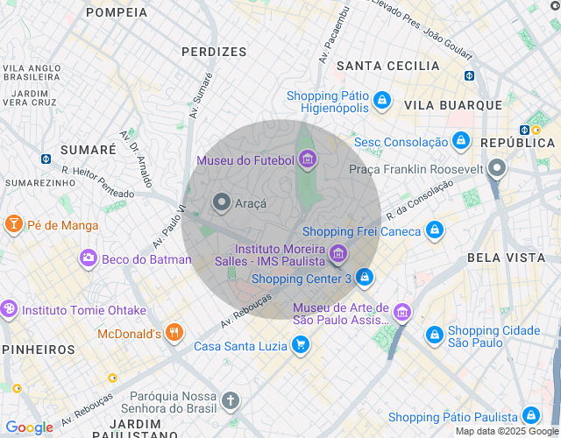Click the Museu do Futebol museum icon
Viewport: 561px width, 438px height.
pyautogui.click(x=307, y=159)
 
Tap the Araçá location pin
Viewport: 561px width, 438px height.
pyautogui.click(x=222, y=202)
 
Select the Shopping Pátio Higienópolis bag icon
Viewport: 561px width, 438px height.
pyautogui.click(x=381, y=102)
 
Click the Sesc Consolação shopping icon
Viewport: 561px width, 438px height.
pyautogui.click(x=460, y=141)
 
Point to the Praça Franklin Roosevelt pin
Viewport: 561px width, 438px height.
pyautogui.click(x=497, y=167)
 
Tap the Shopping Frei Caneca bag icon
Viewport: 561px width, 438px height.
pyautogui.click(x=433, y=230)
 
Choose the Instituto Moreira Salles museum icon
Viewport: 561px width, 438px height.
pyautogui.click(x=337, y=255)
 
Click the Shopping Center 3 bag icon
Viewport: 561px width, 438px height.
pyautogui.click(x=365, y=279)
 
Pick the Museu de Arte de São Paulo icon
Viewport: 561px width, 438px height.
pyautogui.click(x=401, y=312)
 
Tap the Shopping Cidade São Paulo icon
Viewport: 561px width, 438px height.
pyautogui.click(x=434, y=335)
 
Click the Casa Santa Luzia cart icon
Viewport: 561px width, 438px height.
pyautogui.click(x=301, y=345)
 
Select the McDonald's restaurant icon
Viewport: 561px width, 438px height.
pyautogui.click(x=174, y=333)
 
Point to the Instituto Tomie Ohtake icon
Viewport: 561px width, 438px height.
pyautogui.click(x=10, y=309)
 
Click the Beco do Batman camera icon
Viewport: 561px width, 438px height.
pyautogui.click(x=88, y=258)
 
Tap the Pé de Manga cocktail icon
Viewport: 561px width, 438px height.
pyautogui.click(x=13, y=224)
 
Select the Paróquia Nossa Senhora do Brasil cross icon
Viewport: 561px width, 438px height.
pyautogui.click(x=231, y=401)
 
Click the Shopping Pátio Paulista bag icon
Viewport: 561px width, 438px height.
pyautogui.click(x=529, y=416)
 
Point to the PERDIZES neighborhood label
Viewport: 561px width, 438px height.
pyautogui.click(x=214, y=52)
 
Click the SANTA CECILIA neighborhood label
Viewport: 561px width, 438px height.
pyautogui.click(x=387, y=66)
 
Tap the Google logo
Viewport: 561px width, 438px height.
pyautogui.click(x=29, y=427)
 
